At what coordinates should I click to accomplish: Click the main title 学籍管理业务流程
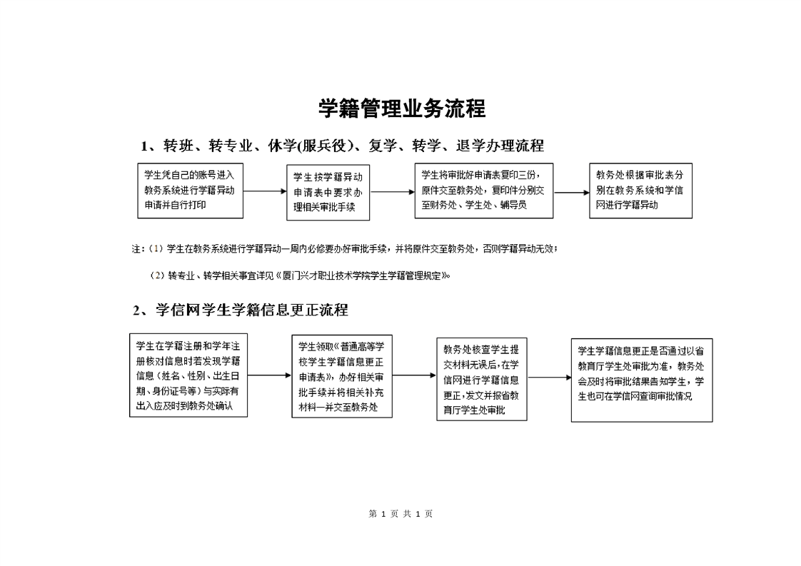pos(401,108)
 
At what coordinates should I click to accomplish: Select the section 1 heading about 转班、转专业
pos(342,146)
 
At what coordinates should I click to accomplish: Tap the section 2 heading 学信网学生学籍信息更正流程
pos(241,310)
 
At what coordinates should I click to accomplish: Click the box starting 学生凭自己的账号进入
pos(190,191)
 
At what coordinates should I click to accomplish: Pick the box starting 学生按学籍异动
pos(328,193)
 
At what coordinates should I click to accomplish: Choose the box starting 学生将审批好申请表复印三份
pos(484,191)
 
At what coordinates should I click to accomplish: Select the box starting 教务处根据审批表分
pos(640,191)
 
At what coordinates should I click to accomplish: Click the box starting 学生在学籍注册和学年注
pos(188,375)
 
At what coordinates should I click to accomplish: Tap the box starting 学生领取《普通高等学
pos(342,376)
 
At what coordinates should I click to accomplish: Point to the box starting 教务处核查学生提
pos(482,379)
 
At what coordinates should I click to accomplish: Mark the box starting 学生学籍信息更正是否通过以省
pos(642,380)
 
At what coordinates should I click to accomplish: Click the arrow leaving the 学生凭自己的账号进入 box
pos(265,191)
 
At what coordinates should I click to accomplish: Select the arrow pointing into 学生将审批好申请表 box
pos(392,192)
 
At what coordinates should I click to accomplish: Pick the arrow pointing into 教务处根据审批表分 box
pos(571,193)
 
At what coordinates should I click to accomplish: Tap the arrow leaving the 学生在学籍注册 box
pos(270,375)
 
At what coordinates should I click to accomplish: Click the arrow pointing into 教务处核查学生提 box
pos(414,375)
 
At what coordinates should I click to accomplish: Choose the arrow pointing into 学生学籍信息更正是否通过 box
pos(549,378)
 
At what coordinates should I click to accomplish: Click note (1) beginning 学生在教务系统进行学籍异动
pos(345,249)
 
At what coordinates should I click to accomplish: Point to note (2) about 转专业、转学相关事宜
pos(300,276)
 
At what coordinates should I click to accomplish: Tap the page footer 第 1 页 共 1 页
pos(401,514)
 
